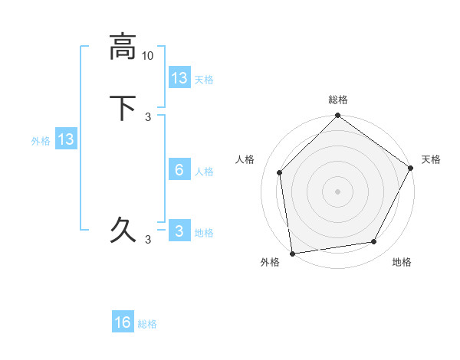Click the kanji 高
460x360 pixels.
pos(123,46)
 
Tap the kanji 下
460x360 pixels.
pos(123,107)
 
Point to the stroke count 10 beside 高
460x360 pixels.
pos(148,56)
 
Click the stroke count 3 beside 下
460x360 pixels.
pos(148,117)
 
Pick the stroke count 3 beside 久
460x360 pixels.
pos(148,240)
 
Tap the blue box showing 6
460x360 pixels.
pos(179,170)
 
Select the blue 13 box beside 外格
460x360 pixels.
pos(66,139)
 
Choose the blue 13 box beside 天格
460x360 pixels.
pos(179,78)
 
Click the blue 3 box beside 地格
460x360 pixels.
pos(179,231)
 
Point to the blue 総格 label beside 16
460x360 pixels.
pos(148,324)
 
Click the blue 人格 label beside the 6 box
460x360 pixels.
pos(204,171)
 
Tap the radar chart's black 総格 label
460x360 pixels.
pos(338,100)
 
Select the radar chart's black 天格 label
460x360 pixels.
pos(431,159)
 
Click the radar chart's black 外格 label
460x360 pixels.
pos(270,262)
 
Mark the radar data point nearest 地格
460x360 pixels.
pos(374,242)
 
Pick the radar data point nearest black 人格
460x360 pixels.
pos(280,172)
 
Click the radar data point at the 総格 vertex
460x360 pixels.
pos(338,116)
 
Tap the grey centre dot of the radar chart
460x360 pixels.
pos(338,191)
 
